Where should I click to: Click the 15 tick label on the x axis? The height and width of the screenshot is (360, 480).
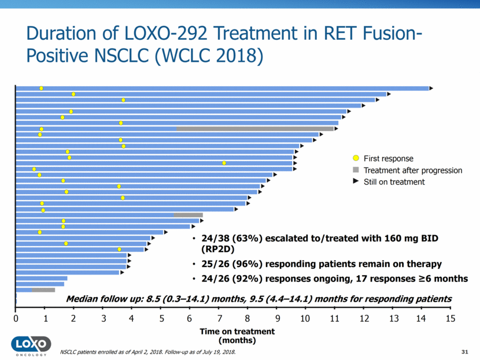pos(451,318)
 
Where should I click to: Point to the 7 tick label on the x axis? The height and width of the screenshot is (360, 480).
pos(219,318)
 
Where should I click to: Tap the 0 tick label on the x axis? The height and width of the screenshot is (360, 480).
pos(16,318)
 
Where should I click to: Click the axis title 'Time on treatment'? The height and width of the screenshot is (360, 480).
pos(237,332)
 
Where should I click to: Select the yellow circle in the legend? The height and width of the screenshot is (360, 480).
pos(356,158)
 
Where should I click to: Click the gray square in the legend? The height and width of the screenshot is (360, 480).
pos(356,170)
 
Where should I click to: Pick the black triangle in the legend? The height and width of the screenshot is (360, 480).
pos(356,181)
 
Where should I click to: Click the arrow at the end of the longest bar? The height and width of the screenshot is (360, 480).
pos(431,88)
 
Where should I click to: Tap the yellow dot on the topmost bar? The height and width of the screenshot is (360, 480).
pos(41,88)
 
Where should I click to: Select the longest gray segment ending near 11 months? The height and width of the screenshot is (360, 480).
pos(255,129)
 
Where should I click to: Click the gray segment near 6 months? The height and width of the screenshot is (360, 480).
pos(188,215)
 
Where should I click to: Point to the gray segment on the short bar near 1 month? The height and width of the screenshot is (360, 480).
pos(43,290)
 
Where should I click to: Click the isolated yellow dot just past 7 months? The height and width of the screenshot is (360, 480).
pos(224,163)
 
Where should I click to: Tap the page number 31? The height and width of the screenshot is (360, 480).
pos(463,352)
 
